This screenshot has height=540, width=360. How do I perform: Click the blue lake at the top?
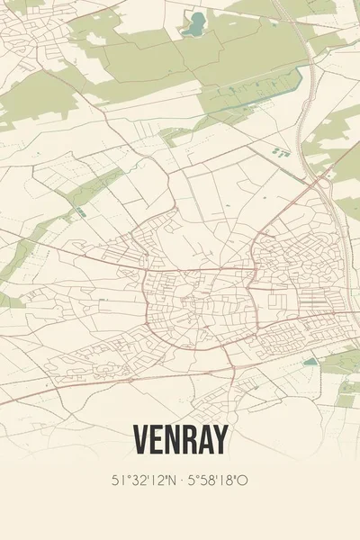pos(193,24)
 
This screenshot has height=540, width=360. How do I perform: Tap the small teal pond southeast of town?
pos(310,362)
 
